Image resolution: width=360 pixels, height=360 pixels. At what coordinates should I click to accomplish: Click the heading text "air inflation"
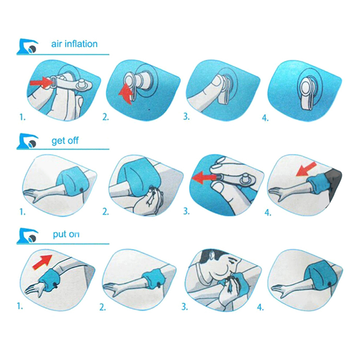coord(74,44)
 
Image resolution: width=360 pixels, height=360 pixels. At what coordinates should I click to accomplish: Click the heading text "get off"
coord(65,140)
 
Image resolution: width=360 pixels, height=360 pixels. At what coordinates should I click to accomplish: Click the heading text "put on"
coord(66,234)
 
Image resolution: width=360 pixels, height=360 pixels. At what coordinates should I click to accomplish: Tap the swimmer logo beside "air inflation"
coord(27,46)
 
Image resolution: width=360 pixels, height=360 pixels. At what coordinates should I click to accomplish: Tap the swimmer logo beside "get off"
coord(27,141)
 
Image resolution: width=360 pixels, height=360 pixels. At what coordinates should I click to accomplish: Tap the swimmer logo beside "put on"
coord(27,235)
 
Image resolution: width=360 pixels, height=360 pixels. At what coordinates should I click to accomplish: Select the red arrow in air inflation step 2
coord(126,94)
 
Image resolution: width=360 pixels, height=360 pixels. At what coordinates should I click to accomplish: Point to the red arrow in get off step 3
coord(203,178)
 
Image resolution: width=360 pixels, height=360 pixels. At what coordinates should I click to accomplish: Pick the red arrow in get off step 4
coord(306,169)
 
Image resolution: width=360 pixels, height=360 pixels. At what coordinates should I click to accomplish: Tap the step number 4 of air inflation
coord(265,118)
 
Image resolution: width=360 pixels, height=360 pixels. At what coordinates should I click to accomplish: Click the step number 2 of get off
coord(106,211)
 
